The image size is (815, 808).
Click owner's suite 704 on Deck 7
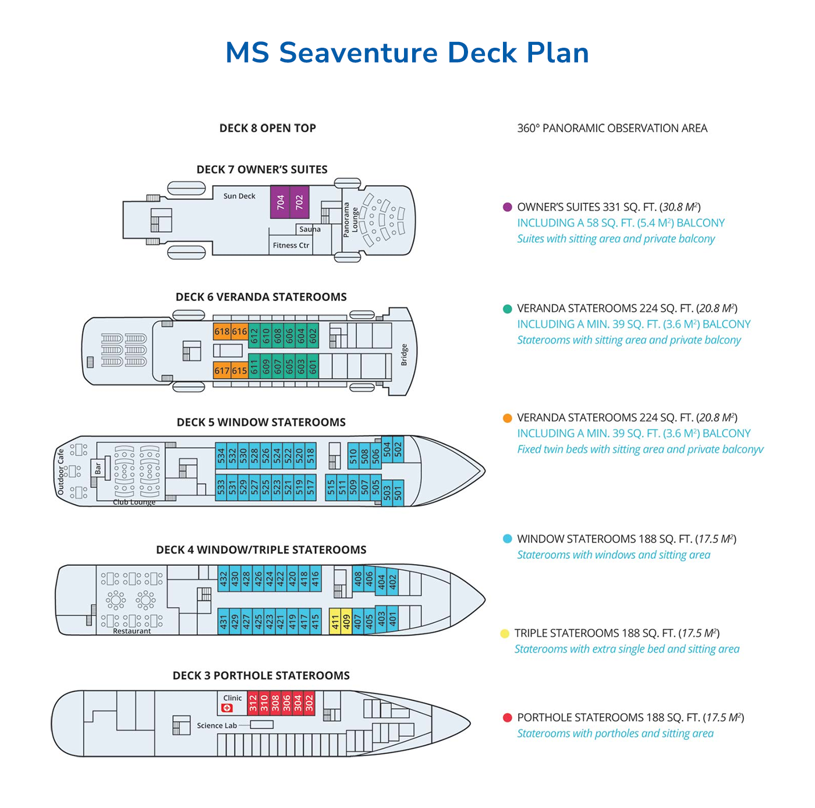click(280, 202)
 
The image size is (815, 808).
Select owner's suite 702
click(299, 202)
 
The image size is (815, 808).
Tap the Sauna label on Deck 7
click(310, 229)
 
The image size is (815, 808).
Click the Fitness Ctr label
click(291, 246)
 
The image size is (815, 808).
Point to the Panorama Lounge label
click(350, 219)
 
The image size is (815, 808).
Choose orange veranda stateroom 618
click(222, 332)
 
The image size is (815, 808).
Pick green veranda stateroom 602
click(313, 335)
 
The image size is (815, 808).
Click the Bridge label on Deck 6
click(404, 355)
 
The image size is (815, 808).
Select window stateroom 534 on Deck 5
click(221, 455)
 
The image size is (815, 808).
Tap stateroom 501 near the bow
click(398, 494)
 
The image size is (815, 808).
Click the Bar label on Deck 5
click(98, 467)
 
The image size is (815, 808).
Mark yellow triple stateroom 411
click(335, 622)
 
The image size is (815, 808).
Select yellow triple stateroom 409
click(346, 622)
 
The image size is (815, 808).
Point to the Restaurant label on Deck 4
click(132, 631)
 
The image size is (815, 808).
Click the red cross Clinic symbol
click(227, 708)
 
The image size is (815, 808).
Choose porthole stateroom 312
click(253, 703)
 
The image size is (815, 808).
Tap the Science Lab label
click(217, 725)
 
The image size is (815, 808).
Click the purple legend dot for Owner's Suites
click(507, 207)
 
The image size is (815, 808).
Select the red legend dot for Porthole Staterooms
click(507, 718)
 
